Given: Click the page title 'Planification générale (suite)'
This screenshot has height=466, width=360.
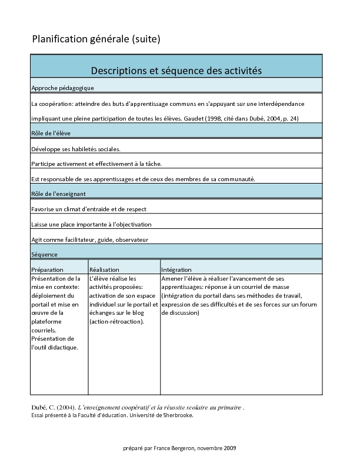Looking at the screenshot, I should pos(96,39).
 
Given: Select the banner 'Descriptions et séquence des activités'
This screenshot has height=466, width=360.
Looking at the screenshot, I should pos(176,71).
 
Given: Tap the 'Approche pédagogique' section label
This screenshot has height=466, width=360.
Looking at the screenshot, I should pos(62,87).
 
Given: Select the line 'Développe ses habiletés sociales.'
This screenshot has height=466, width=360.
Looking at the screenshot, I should pos(76,149).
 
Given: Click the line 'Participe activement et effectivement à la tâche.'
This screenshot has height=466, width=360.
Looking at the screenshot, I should pos(96,164).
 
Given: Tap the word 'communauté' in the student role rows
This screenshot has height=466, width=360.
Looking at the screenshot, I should pos(238,178).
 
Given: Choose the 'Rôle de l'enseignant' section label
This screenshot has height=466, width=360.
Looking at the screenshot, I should pos(59,193).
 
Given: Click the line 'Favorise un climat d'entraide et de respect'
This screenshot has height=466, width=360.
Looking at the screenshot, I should pos(89,209).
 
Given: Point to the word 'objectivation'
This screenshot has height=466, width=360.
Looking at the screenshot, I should pos(131,224).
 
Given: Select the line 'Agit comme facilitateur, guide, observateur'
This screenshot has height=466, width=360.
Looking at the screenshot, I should pos(89,239).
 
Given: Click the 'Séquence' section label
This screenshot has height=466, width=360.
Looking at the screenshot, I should pos(44,254).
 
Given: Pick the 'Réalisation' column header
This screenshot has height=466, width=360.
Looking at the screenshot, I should pos(104,269).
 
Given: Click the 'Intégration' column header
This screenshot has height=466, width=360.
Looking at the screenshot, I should pos(176,269).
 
